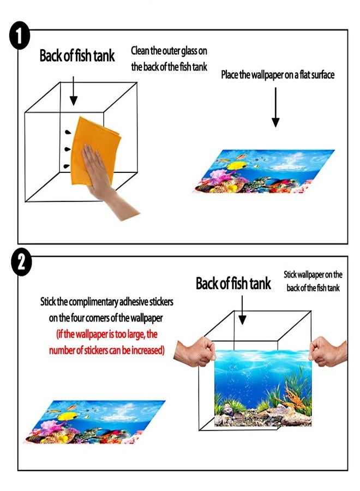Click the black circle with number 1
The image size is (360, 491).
[19, 35]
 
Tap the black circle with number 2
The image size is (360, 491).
[21, 263]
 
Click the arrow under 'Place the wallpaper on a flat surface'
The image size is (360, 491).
[275, 107]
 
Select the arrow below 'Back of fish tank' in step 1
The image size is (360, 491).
[73, 90]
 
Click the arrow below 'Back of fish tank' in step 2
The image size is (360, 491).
[242, 310]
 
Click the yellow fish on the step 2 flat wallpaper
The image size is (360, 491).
[67, 416]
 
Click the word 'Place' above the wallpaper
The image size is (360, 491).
[230, 75]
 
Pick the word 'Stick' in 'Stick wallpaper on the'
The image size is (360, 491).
[290, 274]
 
